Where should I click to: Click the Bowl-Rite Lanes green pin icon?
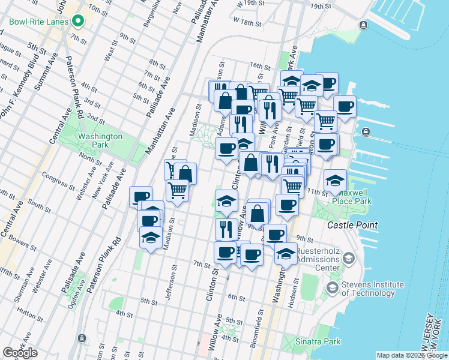tap(78, 22)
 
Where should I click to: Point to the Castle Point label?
tap(352, 225)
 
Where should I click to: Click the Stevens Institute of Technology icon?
tap(332, 288)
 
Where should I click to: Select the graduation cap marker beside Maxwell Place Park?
tap(335, 179)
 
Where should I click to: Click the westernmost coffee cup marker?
tap(142, 196)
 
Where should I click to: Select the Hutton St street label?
tap(28, 312)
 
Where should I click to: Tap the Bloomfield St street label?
tap(261, 325)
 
